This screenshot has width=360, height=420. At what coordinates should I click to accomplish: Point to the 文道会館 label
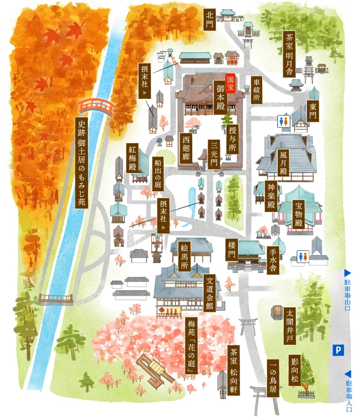[210, 293]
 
